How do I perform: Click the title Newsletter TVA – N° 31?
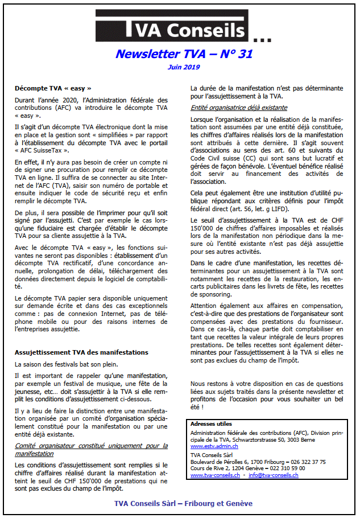pyautogui.click(x=184, y=54)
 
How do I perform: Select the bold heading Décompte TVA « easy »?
pyautogui.click(x=53, y=89)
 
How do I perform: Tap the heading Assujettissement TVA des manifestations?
pyautogui.click(x=81, y=352)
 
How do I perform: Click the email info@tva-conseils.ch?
pyautogui.click(x=272, y=474)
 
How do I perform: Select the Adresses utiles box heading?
pyautogui.click(x=211, y=424)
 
